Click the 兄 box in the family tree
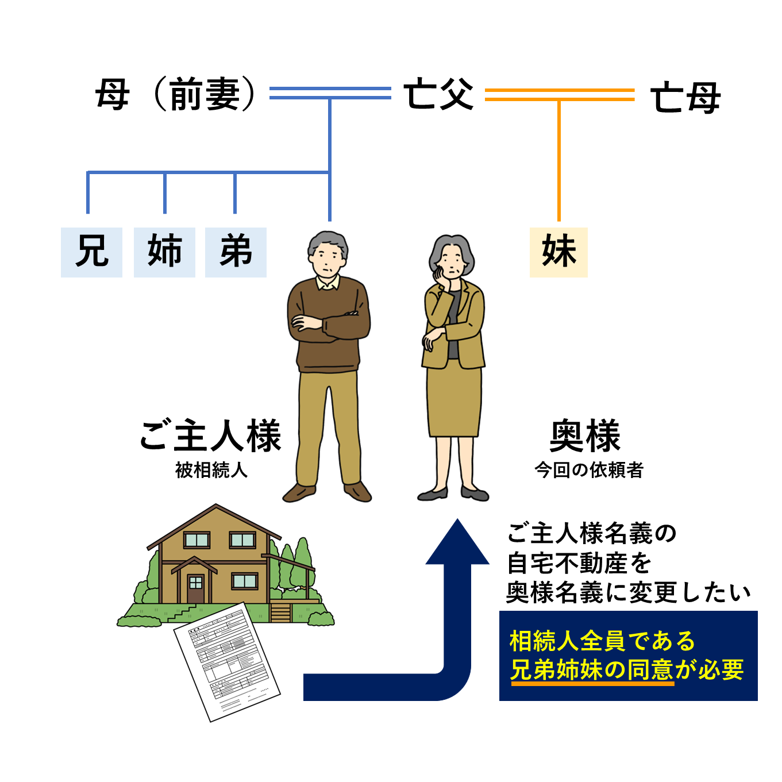tap(91, 252)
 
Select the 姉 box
tap(164, 252)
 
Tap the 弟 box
tap(236, 252)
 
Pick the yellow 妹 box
tap(558, 252)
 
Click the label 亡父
tap(438, 95)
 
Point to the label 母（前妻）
tap(176, 95)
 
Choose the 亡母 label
tap(685, 98)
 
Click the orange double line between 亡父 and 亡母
tap(559, 95)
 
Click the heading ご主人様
tap(210, 436)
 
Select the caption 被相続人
tap(211, 470)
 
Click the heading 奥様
tap(585, 436)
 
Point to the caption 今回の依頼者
tap(588, 470)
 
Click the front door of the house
tap(195, 587)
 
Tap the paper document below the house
tap(227, 661)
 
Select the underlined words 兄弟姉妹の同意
tap(591, 670)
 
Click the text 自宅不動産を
tap(579, 563)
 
